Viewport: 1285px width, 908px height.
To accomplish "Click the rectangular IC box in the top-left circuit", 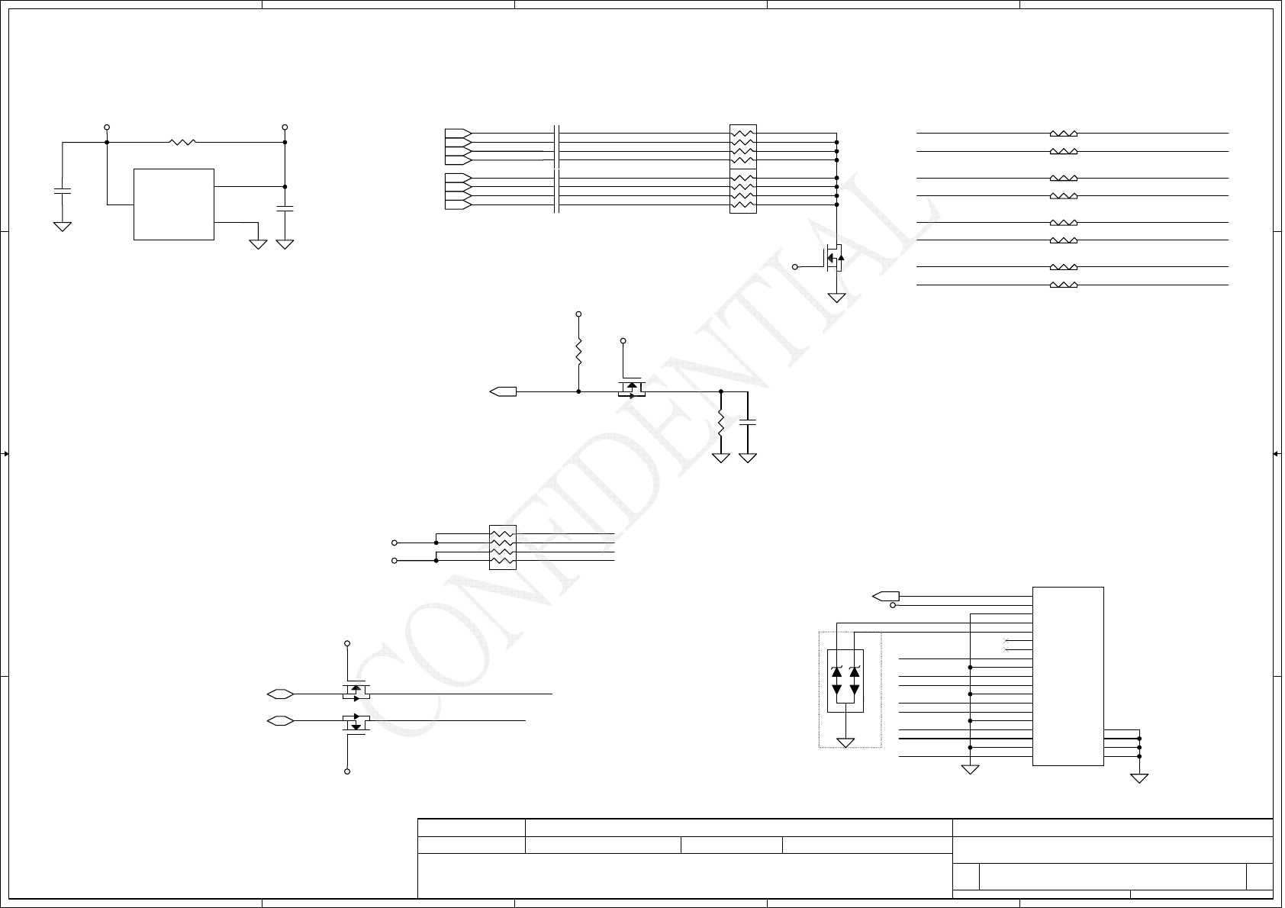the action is point(173,204).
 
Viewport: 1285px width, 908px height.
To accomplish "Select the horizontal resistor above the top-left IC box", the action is point(182,142).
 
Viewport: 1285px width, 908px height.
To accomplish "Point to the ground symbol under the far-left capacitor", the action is point(62,227).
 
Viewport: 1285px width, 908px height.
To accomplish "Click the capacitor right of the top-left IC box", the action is point(285,208).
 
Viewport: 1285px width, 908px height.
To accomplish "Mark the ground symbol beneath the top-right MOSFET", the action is point(837,298).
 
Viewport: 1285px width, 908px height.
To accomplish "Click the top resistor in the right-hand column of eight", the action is point(1064,133).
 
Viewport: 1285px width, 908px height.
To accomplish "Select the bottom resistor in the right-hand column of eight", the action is point(1064,285).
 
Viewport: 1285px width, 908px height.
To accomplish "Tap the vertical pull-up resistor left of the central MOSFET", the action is point(578,353).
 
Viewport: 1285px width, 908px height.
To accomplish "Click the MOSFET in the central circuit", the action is point(631,389).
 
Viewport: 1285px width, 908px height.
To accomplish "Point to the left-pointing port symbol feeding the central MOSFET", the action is point(503,391).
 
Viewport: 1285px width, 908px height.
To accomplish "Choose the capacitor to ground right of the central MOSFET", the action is point(748,421).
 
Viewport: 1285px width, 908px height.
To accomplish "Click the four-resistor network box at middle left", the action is point(502,547).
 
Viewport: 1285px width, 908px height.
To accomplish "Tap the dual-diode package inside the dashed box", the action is point(845,681).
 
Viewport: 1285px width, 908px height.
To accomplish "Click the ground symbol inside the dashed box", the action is point(845,742).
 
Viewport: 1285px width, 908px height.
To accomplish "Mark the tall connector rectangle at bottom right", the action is point(1068,676).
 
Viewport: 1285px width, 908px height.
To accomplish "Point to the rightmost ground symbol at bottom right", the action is point(1139,778).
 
